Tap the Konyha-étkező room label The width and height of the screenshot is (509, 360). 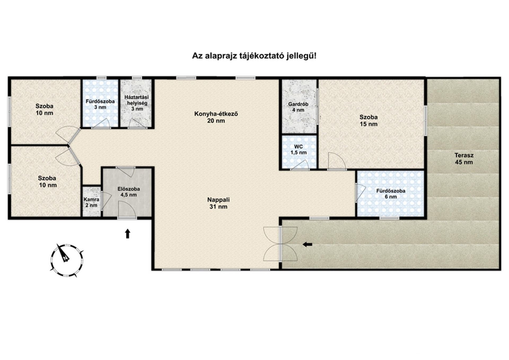(216, 117)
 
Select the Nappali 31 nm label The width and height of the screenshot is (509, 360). (218, 203)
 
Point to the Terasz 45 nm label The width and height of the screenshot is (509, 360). (464, 159)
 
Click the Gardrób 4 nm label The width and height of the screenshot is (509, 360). (298, 107)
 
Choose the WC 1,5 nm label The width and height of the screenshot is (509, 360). (299, 150)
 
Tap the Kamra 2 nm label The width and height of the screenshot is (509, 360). (91, 202)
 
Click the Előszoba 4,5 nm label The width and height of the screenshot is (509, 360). (129, 192)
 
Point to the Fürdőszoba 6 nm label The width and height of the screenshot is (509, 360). (391, 194)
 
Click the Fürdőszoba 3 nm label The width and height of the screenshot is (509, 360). (100, 104)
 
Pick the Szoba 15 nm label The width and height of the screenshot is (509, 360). (368, 121)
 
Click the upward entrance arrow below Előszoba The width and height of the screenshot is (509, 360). (128, 234)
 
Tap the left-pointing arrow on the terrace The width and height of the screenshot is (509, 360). (308, 244)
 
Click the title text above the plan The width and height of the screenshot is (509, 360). (254, 56)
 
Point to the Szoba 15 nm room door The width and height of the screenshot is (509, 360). (337, 161)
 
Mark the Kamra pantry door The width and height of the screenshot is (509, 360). (106, 201)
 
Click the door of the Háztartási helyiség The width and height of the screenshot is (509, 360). (137, 124)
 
